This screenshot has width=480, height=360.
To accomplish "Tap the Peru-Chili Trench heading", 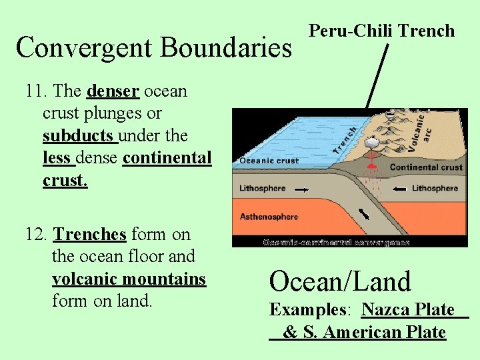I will pos(381,31).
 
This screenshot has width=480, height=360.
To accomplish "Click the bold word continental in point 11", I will pos(167,159).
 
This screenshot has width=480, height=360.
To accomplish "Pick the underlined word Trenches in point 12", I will pos(89,235).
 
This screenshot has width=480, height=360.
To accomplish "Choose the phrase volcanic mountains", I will pos(129,279).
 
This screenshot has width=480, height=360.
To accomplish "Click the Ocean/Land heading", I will pos(340,281).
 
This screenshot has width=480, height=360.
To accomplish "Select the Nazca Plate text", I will pos(408,310).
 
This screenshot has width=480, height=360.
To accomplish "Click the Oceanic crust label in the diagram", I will pos(269,161).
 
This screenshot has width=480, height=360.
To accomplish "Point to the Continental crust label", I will pos(426,167).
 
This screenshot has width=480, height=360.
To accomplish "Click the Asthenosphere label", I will pos(269,217).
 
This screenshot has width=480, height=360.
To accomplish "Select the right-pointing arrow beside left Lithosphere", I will pos(301,189).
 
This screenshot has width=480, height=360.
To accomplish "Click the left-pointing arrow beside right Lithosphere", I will pos(399,189).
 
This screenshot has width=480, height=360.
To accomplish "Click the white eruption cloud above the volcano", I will pos(369,141).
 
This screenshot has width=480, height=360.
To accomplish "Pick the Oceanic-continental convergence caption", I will pos(336,243).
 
